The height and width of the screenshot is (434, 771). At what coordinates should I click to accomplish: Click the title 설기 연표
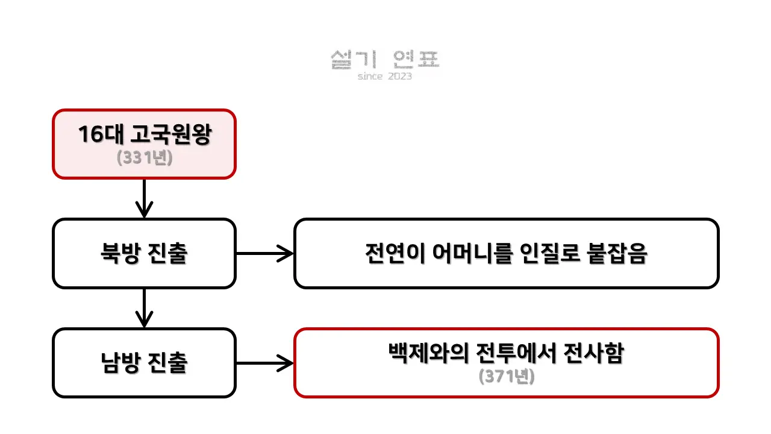coord(385,59)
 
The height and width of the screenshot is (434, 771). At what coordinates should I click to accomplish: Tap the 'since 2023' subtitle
coord(385,77)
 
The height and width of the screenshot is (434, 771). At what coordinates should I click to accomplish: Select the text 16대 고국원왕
coord(144,134)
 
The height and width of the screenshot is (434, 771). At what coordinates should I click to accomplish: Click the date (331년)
coord(144,157)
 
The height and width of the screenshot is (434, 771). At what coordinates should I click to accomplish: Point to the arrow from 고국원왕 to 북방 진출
coord(144,198)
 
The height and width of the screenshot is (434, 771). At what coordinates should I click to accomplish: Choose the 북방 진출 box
coord(144,253)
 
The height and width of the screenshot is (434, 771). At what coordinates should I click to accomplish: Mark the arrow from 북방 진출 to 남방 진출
coord(144,307)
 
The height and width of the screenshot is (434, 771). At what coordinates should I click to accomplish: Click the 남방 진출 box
coord(144,363)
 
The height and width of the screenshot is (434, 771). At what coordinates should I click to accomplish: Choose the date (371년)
coord(507,377)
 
